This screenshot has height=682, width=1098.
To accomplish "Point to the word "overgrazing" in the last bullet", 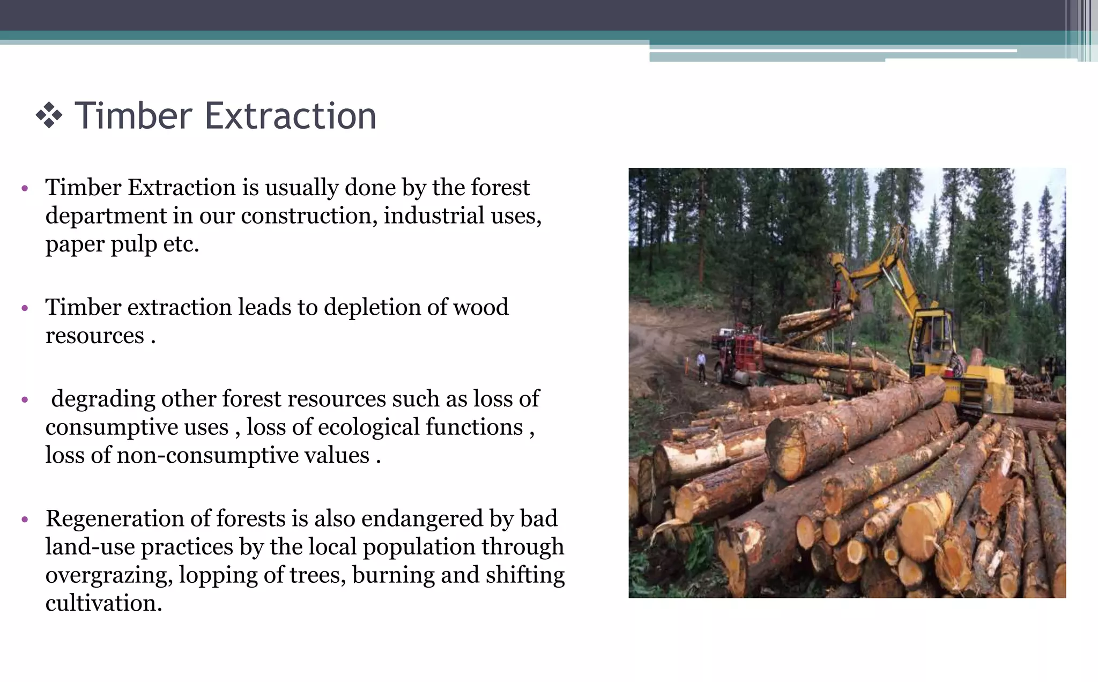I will pos(109,575).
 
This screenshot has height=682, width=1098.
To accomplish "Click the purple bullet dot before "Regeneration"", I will pos(25,520).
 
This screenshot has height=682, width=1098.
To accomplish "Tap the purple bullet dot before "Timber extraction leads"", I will pos(25,308).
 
